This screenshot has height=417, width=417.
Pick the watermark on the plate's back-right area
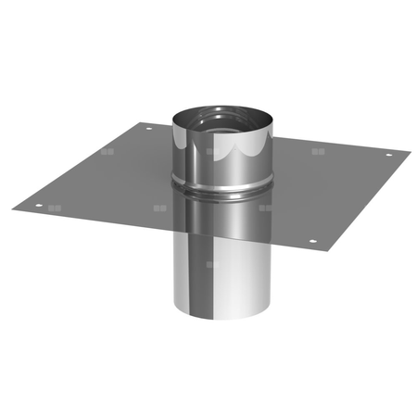[319, 151]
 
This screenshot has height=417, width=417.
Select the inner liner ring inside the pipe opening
[222, 119]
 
